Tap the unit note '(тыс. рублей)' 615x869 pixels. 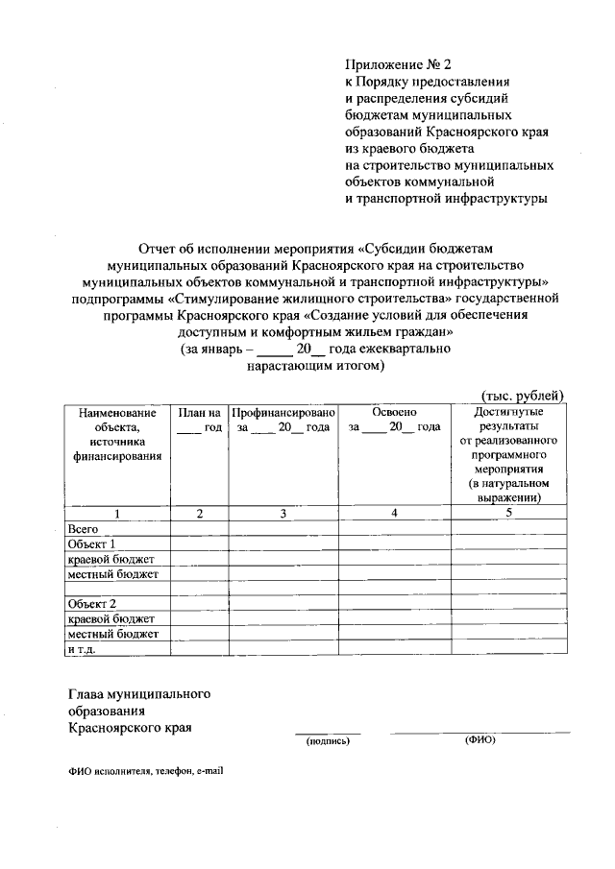pyautogui.click(x=521, y=395)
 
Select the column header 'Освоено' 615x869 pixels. pyautogui.click(x=394, y=411)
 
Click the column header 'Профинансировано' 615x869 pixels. pyautogui.click(x=283, y=411)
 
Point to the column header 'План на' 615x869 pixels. pyautogui.click(x=199, y=411)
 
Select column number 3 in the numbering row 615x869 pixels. pyautogui.click(x=283, y=514)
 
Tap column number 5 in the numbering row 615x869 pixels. pyautogui.click(x=509, y=513)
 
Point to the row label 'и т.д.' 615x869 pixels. pyautogui.click(x=83, y=649)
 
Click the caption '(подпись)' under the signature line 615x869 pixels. pyautogui.click(x=327, y=741)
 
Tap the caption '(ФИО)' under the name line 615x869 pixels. pyautogui.click(x=479, y=740)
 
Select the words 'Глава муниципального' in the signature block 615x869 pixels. pyautogui.click(x=138, y=692)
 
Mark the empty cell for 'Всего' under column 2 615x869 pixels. pyautogui.click(x=199, y=529)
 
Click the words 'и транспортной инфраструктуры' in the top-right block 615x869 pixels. pyautogui.click(x=446, y=199)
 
